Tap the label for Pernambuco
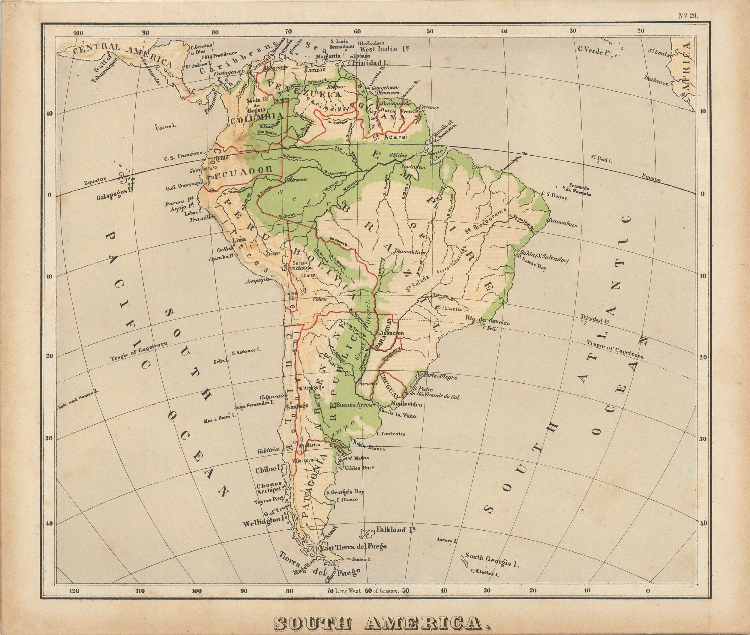tap(563, 223)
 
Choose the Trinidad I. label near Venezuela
tap(369, 63)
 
